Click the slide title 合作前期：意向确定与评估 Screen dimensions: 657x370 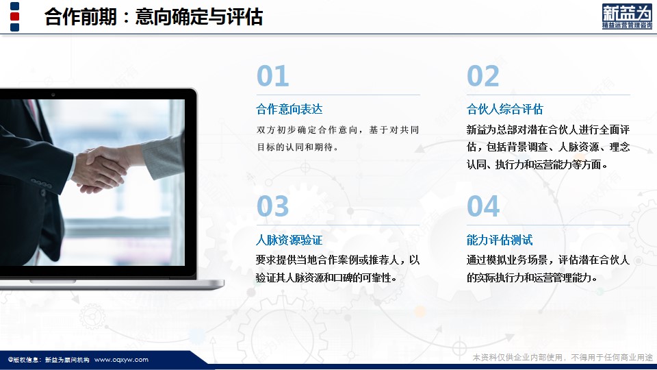click(153, 17)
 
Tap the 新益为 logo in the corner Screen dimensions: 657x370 click(627, 16)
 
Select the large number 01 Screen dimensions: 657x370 click(273, 76)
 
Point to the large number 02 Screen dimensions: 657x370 click(483, 76)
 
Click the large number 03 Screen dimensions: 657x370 click(273, 206)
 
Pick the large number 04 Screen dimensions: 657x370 click(483, 206)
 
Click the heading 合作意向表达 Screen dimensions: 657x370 click(289, 110)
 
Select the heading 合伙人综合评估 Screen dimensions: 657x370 click(504, 110)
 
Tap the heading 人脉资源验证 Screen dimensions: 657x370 click(289, 240)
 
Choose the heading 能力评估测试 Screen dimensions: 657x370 click(500, 240)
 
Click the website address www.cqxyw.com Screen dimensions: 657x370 click(121, 360)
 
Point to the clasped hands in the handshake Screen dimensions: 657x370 click(99, 170)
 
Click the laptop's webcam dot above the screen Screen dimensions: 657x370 click(53, 95)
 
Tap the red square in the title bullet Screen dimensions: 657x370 click(14, 16)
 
